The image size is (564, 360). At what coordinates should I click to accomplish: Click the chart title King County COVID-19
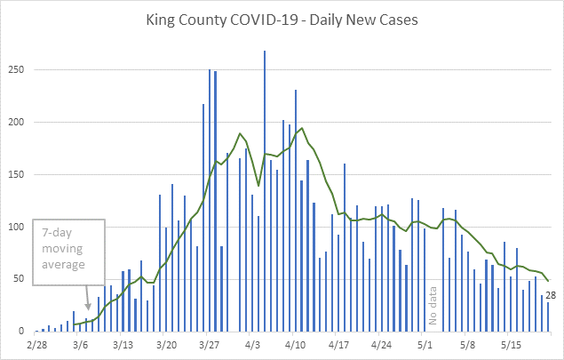(282, 19)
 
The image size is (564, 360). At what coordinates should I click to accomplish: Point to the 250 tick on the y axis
(20, 70)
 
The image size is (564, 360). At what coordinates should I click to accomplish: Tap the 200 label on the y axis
(20, 123)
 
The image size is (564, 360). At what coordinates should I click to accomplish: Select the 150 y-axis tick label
(20, 175)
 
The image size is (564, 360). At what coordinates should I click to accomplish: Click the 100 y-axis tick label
(20, 228)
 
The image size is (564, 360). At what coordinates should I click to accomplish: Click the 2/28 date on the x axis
(37, 343)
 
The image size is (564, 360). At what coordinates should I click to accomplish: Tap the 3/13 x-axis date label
(123, 343)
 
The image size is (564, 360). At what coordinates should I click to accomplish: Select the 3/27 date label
(210, 343)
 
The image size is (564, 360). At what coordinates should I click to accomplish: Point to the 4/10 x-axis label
(296, 343)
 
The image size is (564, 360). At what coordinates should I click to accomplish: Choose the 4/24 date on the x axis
(382, 343)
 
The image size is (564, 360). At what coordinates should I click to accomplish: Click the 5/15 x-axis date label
(511, 343)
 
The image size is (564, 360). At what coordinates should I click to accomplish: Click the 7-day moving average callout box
(68, 252)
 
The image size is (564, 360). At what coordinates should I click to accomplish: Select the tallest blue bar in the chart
(265, 190)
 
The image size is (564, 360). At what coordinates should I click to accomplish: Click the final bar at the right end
(548, 316)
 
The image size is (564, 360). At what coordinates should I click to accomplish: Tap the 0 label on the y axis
(25, 332)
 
